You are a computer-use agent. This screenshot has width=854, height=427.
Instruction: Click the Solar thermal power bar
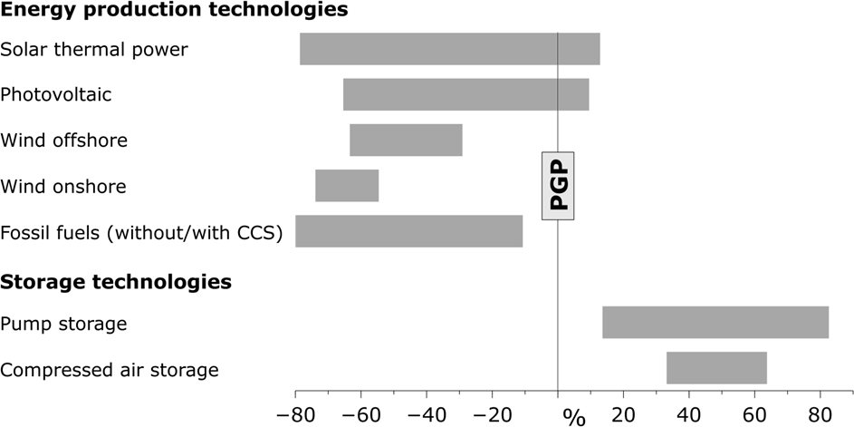tap(449, 49)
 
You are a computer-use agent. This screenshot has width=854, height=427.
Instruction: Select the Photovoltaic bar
tap(465, 94)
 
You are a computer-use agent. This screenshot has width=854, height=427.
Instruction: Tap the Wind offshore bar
tap(406, 141)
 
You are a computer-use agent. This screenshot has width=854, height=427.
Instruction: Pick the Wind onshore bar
tap(347, 186)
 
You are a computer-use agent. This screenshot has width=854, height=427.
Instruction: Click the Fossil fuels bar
tap(408, 231)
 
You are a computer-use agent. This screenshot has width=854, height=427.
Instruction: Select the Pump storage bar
tap(715, 323)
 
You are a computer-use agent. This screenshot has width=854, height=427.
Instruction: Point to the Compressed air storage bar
tap(716, 368)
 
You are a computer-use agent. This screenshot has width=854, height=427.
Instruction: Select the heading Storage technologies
tap(116, 282)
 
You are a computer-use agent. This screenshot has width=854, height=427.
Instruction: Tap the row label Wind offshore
tap(64, 141)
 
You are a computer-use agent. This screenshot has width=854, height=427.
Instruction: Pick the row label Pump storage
tap(63, 324)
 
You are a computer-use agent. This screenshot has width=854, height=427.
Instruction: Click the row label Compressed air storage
tap(110, 369)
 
